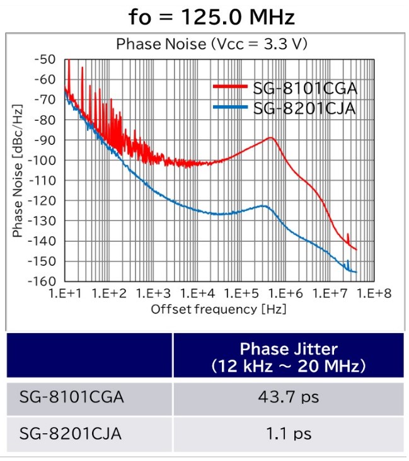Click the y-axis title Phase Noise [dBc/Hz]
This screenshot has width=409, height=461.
(x=18, y=170)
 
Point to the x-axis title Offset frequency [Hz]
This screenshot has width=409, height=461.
(x=222, y=309)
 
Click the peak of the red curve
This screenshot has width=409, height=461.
(x=271, y=137)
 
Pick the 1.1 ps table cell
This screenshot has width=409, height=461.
(x=289, y=433)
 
